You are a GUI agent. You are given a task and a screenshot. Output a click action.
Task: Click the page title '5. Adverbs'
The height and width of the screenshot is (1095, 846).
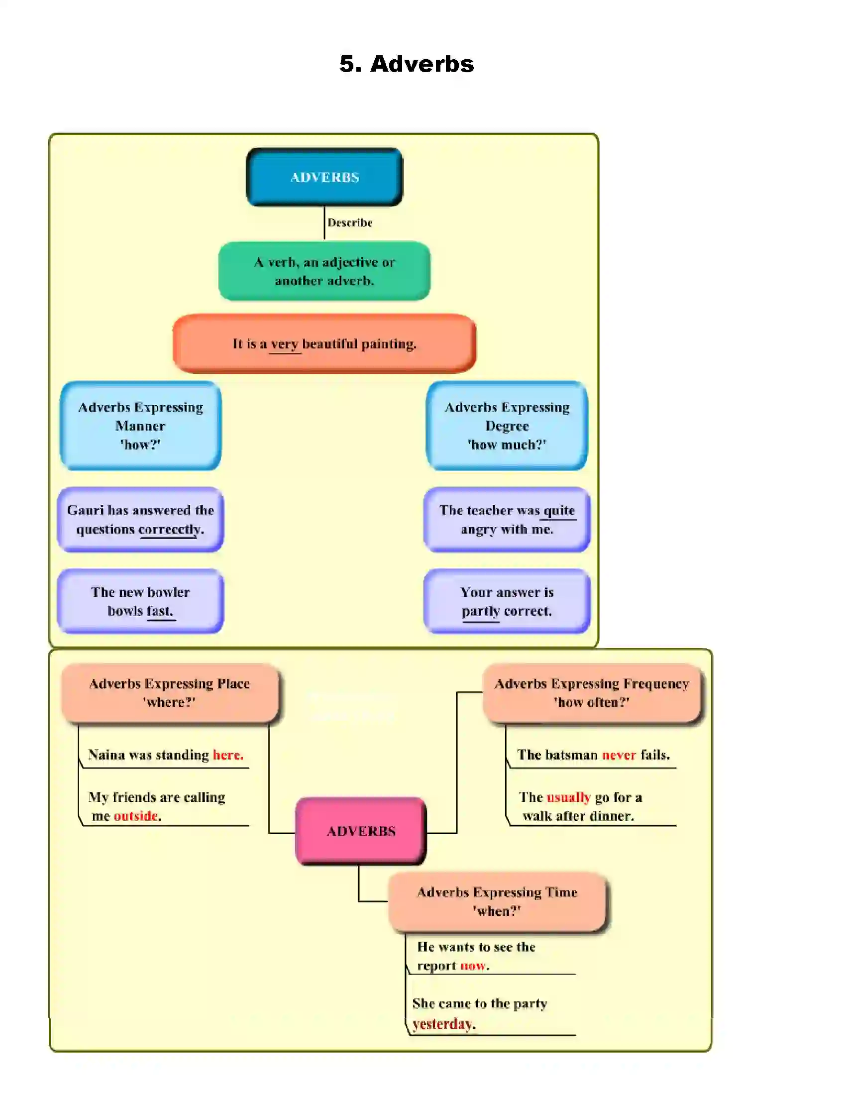point(406,64)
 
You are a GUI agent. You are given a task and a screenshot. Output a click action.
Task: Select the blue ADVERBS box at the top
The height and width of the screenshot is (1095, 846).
point(324,177)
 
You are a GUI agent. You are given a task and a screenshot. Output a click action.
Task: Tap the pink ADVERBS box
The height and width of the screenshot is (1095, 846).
point(361,831)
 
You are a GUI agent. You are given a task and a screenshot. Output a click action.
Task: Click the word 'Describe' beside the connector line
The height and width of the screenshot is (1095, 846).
point(350,222)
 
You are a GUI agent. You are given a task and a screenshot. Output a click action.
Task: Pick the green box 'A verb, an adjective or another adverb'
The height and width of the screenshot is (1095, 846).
point(324,271)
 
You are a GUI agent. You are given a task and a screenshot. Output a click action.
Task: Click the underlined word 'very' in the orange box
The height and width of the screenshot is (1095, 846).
point(285,344)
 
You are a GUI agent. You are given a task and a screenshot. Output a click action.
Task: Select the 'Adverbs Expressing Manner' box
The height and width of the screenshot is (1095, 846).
point(140,426)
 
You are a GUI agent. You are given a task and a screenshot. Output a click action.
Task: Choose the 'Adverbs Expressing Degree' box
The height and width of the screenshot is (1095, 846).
point(507,426)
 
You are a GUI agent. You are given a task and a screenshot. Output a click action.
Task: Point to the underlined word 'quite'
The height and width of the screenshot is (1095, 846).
point(559,510)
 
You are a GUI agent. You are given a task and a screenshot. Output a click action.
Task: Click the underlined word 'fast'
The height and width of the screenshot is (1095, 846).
point(160,611)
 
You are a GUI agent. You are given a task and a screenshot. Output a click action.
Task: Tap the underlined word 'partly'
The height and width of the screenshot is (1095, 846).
point(481,611)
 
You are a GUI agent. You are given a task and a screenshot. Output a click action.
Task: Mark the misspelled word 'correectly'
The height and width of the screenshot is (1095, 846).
point(169,530)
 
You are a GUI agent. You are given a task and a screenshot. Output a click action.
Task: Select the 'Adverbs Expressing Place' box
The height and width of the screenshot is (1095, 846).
point(169,692)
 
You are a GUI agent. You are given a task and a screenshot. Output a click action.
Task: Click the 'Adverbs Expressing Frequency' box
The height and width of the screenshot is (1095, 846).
point(591,692)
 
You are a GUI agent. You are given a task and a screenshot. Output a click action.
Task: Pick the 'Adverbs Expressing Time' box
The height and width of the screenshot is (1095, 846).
point(497,901)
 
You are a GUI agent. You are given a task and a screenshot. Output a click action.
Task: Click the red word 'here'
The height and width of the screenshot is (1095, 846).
point(227,755)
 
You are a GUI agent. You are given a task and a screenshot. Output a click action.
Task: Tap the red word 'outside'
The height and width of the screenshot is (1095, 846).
point(136,816)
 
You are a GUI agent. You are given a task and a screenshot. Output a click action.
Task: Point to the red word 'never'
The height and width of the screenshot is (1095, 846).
point(619,755)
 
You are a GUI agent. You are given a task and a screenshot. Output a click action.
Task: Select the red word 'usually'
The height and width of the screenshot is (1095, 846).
point(568,797)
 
